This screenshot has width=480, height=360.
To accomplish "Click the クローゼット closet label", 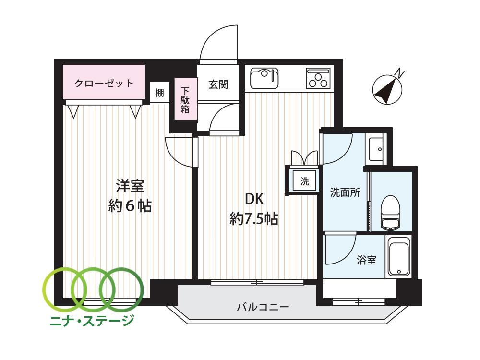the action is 104,83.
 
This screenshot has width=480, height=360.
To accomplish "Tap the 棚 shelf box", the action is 159,92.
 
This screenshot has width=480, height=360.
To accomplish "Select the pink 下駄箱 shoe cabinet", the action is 185,99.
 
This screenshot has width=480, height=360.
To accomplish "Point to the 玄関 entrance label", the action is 218,84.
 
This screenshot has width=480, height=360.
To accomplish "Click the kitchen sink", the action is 264,78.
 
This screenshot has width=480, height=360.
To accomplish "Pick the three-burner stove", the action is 318,78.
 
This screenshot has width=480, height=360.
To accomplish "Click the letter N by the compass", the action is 399,73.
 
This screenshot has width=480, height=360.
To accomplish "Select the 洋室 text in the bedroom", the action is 130,186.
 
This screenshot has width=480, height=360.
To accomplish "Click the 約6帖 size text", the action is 130,206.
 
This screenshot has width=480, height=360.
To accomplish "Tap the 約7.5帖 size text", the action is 254,219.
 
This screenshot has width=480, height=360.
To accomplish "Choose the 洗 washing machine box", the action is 305,181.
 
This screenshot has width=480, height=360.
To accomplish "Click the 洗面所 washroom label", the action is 345,192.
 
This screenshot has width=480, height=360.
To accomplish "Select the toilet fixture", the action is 391,213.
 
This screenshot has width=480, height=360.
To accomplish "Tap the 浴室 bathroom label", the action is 366,260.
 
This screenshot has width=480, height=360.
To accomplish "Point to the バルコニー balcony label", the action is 263,306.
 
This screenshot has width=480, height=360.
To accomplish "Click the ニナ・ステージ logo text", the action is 92,320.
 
